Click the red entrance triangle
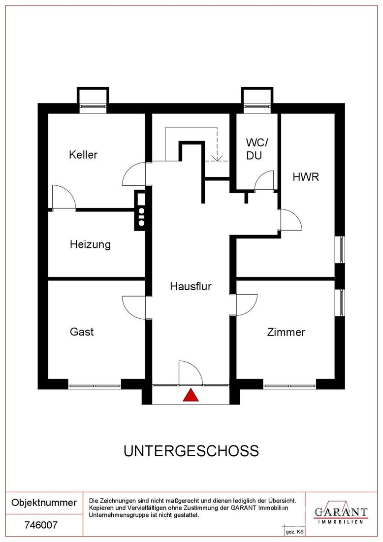[191, 395]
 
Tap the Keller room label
[83, 155]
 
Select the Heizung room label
[90, 245]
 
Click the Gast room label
[82, 332]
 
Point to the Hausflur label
[191, 286]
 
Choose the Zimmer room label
[287, 332]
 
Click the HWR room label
[306, 177]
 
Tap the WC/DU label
[256, 149]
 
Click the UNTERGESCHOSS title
[191, 451]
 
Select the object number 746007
[41, 525]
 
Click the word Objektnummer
[44, 502]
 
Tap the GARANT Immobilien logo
[341, 512]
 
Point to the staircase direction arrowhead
[217, 158]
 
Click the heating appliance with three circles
[141, 210]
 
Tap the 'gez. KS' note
[294, 532]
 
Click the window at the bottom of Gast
[95, 385]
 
